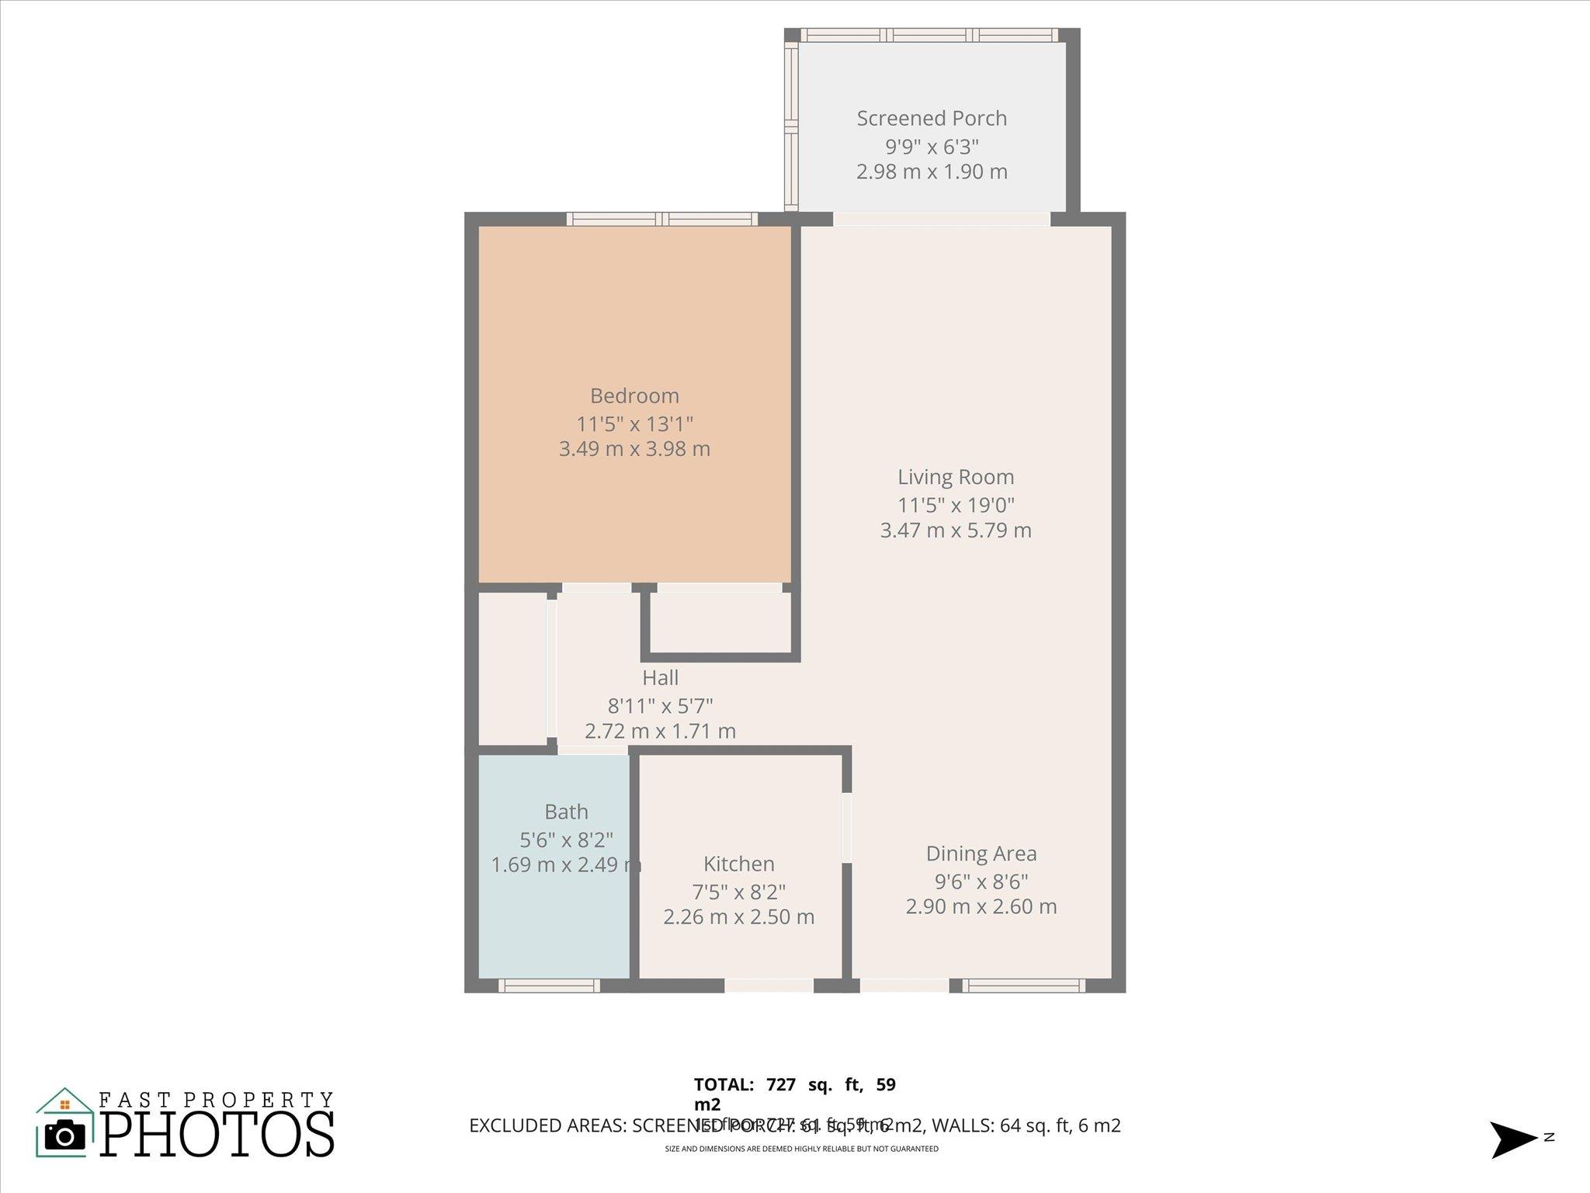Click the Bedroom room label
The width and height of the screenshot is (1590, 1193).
pyautogui.click(x=634, y=396)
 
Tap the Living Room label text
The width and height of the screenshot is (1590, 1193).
pyautogui.click(x=956, y=477)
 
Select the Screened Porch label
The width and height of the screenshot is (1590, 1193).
pyautogui.click(x=932, y=118)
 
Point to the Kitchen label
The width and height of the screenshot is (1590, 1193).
pyautogui.click(x=738, y=864)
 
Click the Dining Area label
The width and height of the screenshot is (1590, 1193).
pyautogui.click(x=981, y=854)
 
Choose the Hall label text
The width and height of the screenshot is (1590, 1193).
pyautogui.click(x=660, y=678)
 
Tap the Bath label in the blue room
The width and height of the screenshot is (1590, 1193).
pyautogui.click(x=566, y=812)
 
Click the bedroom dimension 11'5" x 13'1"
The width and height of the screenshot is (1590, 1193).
pyautogui.click(x=634, y=424)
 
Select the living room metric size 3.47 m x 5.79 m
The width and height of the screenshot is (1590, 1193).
pyautogui.click(x=956, y=530)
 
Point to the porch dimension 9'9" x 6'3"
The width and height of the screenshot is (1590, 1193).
pyautogui.click(x=932, y=146)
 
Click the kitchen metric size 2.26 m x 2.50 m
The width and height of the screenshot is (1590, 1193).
pyautogui.click(x=738, y=917)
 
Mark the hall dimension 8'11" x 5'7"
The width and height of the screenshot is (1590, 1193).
pyautogui.click(x=660, y=706)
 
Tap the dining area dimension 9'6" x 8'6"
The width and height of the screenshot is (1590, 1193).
pyautogui.click(x=981, y=882)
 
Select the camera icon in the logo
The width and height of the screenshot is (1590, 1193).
pyautogui.click(x=64, y=1136)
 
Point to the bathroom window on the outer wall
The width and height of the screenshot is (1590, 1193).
pyautogui.click(x=549, y=986)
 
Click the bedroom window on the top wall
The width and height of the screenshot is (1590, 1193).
pyautogui.click(x=661, y=219)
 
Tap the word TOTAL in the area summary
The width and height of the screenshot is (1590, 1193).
pyautogui.click(x=724, y=1085)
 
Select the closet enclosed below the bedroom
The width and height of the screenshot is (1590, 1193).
pyautogui.click(x=720, y=622)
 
